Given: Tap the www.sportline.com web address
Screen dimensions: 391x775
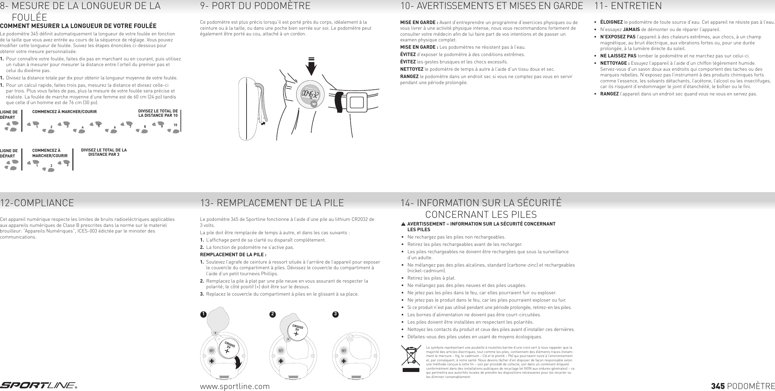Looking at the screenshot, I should point(235,386).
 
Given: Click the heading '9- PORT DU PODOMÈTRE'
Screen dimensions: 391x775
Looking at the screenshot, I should point(255,6).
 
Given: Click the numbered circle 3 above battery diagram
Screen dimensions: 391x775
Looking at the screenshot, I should point(336,314).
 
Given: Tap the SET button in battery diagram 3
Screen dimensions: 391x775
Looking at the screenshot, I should point(344,351).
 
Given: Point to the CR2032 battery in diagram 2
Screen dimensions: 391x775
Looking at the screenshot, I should point(297,330).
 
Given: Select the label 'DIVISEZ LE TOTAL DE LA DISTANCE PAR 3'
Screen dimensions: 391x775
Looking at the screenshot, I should point(104,152).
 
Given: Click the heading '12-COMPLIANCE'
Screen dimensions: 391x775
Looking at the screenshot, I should point(37,203).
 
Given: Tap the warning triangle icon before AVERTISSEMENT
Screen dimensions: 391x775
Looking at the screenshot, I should point(403,224).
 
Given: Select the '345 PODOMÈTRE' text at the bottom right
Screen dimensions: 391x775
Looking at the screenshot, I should point(743,386).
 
